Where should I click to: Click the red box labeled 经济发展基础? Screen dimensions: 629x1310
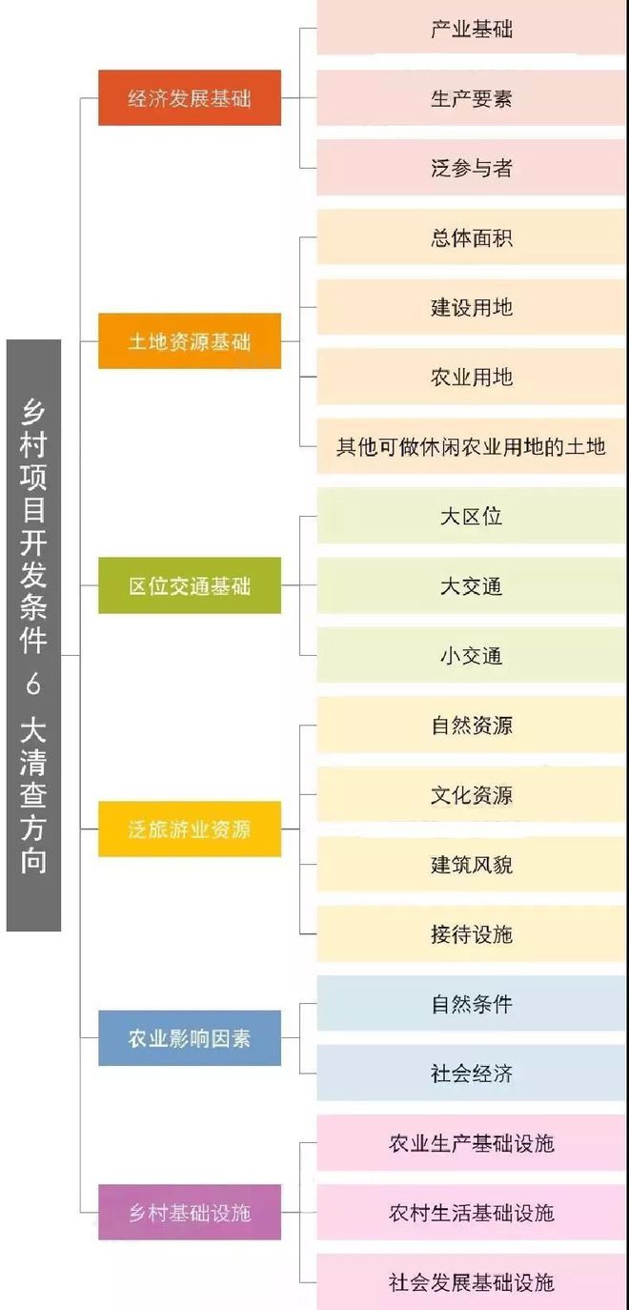point(190,97)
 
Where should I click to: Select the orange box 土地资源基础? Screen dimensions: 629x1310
point(190,341)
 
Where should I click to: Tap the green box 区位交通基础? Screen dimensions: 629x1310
point(190,585)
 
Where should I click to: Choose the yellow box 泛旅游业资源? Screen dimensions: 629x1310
point(190,829)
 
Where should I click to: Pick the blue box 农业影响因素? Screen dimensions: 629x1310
point(190,1038)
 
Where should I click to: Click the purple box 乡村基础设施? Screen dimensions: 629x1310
point(190,1213)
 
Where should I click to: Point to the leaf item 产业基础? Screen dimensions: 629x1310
point(471,28)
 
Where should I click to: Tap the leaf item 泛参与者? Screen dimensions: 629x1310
point(471,168)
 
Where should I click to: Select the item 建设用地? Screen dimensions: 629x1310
point(471,307)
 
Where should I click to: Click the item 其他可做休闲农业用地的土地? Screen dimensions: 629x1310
point(471,446)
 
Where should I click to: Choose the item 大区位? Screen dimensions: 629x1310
point(471,516)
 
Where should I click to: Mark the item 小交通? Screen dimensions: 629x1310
point(471,655)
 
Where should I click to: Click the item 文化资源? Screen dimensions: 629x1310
point(471,795)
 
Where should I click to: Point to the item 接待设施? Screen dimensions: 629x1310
point(471,934)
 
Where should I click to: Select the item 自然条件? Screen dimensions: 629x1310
point(471,1004)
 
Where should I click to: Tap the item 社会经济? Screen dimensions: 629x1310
point(471,1074)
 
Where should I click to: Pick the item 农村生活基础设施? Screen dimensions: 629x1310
point(471,1213)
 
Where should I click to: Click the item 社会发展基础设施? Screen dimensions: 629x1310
point(471,1282)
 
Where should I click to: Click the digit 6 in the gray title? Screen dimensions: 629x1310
point(33,684)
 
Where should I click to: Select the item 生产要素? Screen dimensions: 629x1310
point(471,97)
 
